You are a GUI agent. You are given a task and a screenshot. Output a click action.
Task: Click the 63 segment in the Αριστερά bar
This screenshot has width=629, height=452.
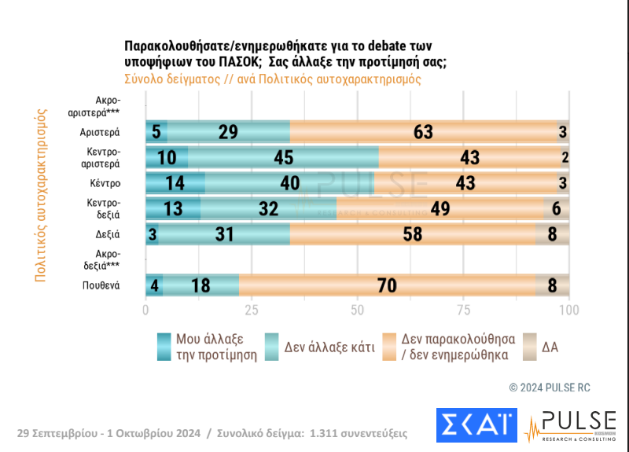(x=423, y=131)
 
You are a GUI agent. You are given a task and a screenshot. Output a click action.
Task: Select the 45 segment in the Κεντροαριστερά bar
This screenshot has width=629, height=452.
(x=283, y=157)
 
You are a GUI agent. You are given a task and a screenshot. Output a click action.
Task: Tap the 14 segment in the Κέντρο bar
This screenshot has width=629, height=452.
(x=175, y=183)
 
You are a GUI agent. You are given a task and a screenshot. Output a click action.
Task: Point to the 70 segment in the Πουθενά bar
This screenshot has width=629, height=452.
(x=387, y=285)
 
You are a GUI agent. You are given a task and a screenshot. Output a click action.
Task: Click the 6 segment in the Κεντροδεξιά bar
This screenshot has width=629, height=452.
(x=556, y=208)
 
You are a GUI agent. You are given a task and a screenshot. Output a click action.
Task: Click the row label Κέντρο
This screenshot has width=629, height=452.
(x=104, y=183)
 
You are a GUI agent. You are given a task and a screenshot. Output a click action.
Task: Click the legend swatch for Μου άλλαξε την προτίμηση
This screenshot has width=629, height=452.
(x=164, y=347)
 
